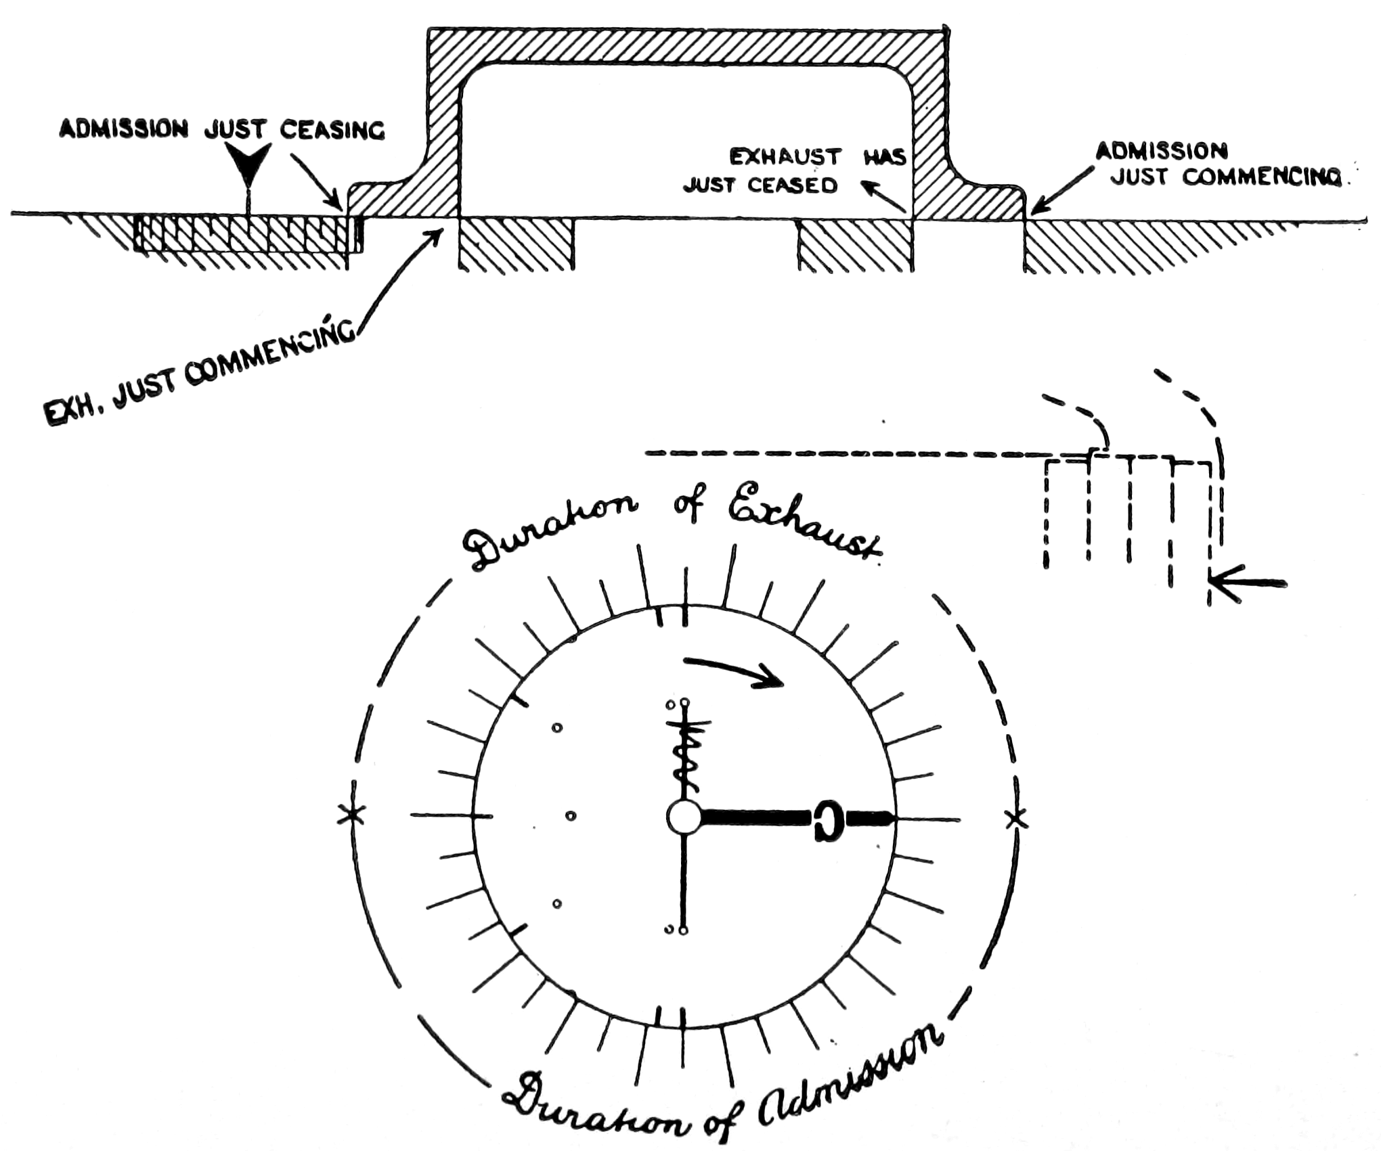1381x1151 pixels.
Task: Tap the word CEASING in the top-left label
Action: tap(332, 130)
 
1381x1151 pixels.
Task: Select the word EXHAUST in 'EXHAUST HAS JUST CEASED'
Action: tap(785, 157)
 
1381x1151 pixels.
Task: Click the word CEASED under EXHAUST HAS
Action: tap(797, 185)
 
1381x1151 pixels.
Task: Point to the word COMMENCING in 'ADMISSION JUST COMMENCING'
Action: tap(1261, 177)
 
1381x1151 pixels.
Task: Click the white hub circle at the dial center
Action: tap(684, 817)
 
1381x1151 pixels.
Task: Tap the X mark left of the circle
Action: tap(351, 815)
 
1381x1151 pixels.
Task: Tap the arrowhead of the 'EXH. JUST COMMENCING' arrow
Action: tap(437, 236)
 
